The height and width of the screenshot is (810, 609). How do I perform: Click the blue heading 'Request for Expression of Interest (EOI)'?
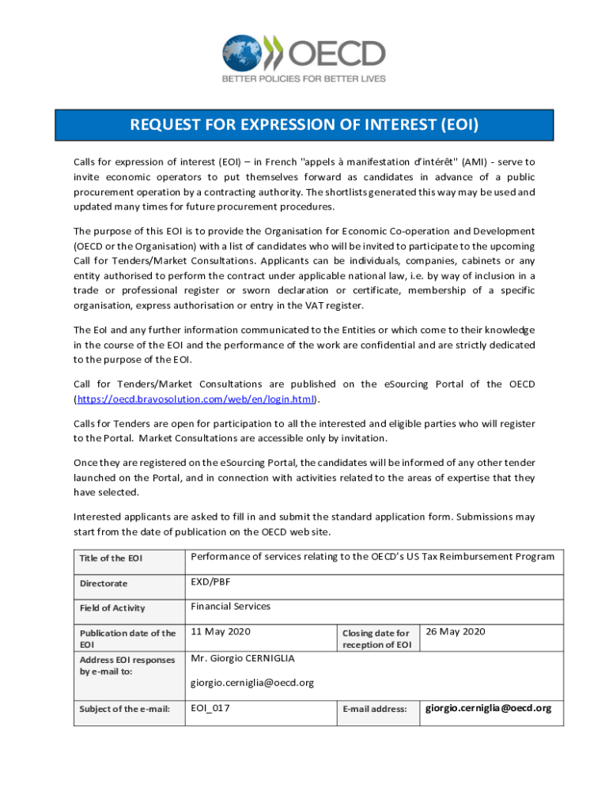[304, 125]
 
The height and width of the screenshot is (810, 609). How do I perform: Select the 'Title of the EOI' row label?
[112, 559]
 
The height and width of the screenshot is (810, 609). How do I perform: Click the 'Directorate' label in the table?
[103, 584]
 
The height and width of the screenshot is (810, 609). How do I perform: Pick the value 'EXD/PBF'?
[210, 582]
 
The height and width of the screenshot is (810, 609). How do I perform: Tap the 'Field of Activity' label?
[112, 608]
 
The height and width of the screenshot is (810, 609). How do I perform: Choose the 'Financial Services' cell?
[230, 607]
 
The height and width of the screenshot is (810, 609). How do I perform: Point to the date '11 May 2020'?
[221, 631]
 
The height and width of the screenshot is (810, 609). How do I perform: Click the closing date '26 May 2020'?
[456, 631]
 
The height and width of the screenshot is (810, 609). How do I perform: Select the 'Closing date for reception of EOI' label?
[376, 638]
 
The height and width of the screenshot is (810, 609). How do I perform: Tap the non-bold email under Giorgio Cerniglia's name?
[252, 683]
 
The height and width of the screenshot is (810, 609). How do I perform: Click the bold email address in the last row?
[489, 708]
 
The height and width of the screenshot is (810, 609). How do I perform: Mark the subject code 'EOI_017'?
[210, 708]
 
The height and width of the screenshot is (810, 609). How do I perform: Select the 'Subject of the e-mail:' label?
[125, 709]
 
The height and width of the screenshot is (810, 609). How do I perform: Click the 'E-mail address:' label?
[374, 710]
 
